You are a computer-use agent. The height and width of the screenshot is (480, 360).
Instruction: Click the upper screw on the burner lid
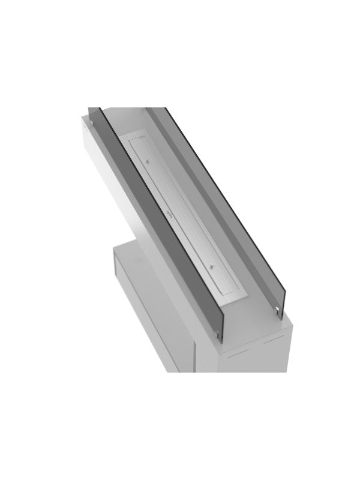148,160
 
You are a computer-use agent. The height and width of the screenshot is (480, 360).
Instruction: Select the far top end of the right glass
166,108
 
